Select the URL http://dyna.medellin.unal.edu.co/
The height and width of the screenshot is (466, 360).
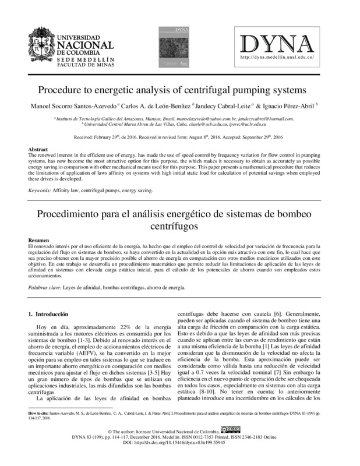(277, 57)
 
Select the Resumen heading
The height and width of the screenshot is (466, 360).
(40, 241)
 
